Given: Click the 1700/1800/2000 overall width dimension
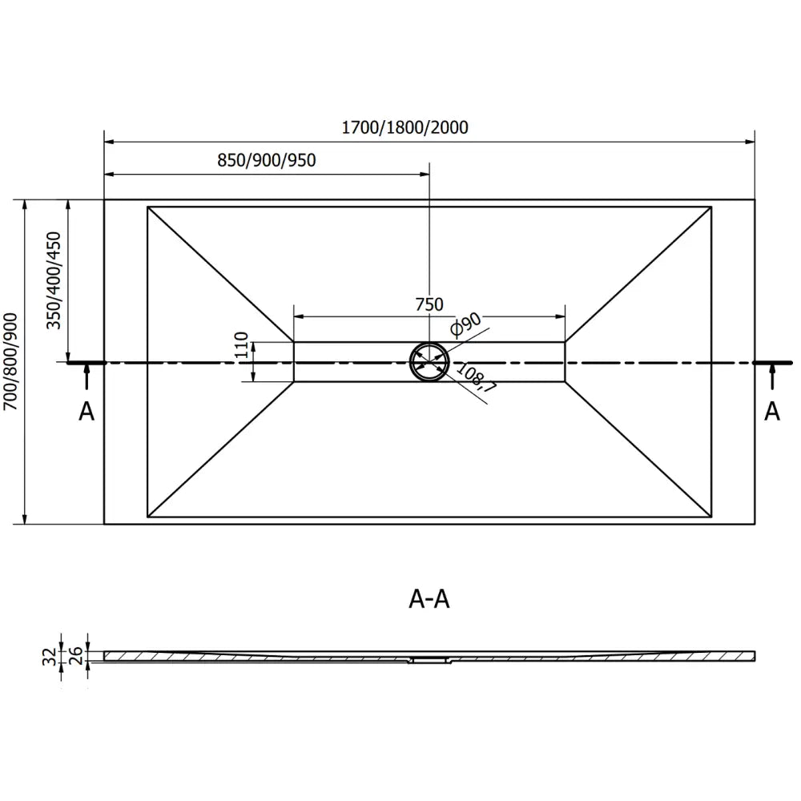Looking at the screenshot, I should [405, 127].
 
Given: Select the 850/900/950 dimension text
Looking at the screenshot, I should [267, 159].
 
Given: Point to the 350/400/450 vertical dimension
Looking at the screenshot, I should [54, 280].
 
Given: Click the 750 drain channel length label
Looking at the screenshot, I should [429, 304].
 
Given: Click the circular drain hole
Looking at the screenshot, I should [429, 362].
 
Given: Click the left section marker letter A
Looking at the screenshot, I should [87, 411].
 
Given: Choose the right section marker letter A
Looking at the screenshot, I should [772, 411].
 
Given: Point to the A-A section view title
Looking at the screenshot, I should [429, 599].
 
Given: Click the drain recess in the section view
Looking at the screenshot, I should [430, 661].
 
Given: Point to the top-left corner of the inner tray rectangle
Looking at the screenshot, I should [148, 207].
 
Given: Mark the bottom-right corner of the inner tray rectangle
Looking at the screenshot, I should [711, 517].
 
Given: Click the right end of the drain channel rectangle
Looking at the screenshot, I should [565, 362].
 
